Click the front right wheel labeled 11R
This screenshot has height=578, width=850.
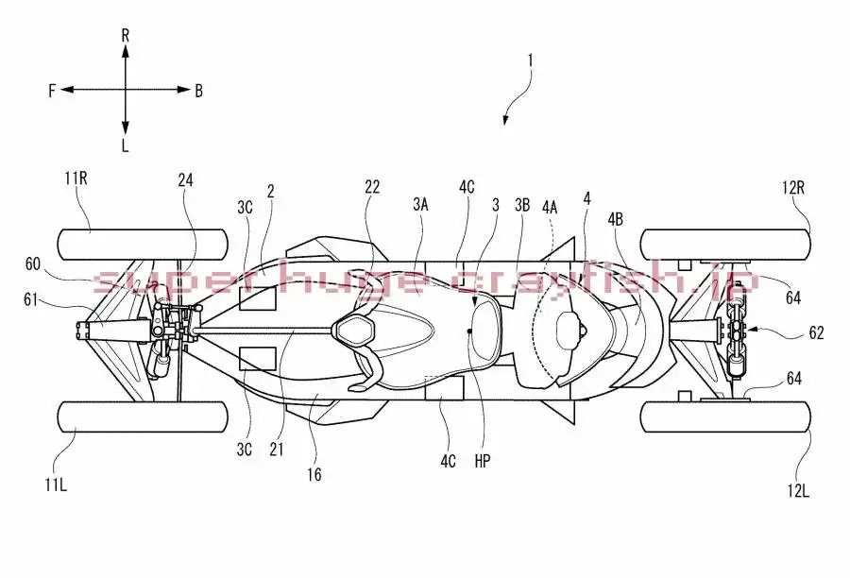pos(142,245)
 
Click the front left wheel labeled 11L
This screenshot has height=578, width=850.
pos(142,416)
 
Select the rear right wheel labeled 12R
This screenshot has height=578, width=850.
pos(725,245)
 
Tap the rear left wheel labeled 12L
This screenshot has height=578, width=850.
pos(725,416)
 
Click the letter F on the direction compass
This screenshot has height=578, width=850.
pos(53,91)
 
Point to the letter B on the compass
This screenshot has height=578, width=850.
pos(198,91)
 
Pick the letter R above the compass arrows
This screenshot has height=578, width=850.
pos(125,35)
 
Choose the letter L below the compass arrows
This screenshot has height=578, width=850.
pos(125,146)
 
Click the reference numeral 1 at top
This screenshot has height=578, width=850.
pos(531,59)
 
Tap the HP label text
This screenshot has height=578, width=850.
pos(483,461)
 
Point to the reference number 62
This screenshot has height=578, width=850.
pos(816,332)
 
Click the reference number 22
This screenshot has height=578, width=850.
pos(372,187)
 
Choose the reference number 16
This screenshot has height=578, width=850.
pos(314,475)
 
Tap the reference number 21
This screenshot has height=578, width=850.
pos(277,450)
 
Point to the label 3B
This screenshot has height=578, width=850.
pos(522,203)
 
